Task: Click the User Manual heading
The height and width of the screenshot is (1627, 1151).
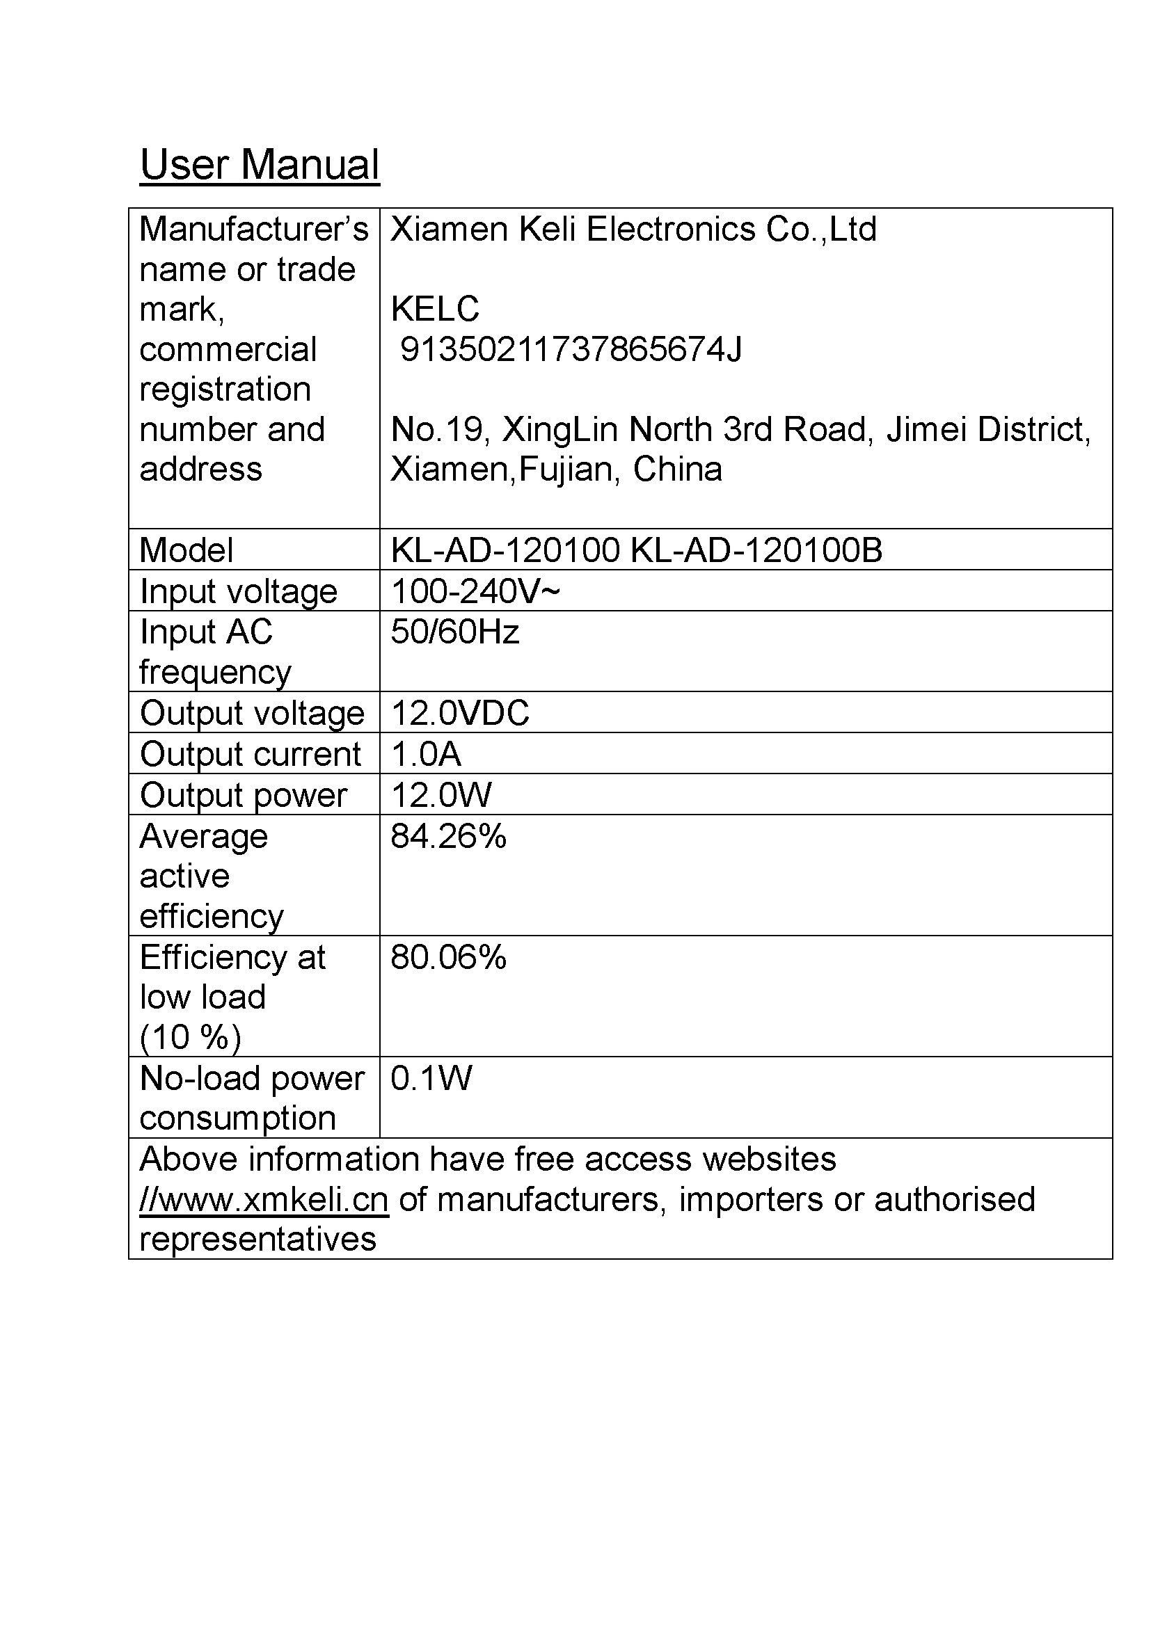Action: click(260, 164)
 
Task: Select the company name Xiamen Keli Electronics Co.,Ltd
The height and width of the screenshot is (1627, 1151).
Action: click(633, 230)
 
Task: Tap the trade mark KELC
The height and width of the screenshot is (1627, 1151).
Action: click(434, 309)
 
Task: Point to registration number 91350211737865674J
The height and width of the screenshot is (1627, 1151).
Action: click(571, 349)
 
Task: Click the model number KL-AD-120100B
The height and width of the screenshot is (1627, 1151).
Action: click(756, 550)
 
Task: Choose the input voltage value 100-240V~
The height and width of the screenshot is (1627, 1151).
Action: click(475, 591)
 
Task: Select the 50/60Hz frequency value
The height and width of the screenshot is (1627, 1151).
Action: click(454, 632)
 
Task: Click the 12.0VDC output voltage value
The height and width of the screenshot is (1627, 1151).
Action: click(459, 713)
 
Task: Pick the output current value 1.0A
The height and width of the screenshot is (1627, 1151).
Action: click(426, 754)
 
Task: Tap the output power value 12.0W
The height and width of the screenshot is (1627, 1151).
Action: click(440, 795)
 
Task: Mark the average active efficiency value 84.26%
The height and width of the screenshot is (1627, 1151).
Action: click(448, 836)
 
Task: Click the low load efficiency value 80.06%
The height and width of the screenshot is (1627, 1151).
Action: click(448, 957)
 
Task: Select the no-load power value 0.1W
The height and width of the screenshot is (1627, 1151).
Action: click(431, 1077)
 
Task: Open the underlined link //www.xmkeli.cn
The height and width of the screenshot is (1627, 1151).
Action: click(264, 1200)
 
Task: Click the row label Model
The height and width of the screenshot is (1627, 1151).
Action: click(186, 550)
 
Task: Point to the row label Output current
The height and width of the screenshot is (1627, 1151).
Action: click(251, 754)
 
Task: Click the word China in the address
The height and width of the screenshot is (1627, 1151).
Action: click(677, 469)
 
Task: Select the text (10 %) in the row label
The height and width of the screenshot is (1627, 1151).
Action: click(190, 1037)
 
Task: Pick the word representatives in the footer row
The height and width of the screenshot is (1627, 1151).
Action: click(257, 1240)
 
